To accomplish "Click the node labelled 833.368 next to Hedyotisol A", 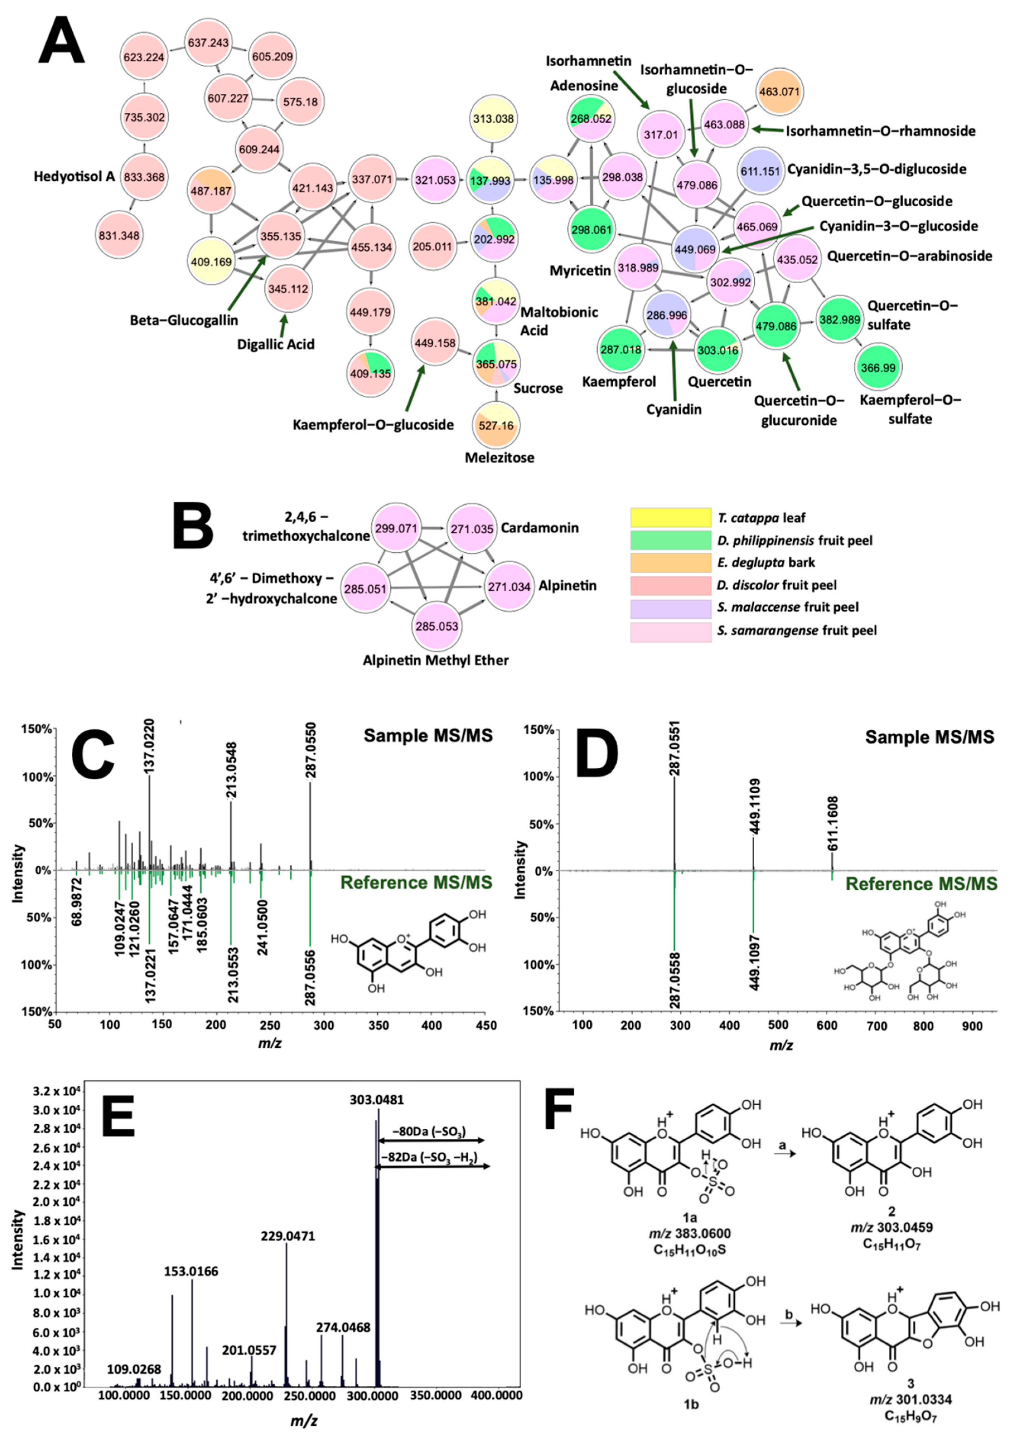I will click(x=144, y=177).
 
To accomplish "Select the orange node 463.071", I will click(x=779, y=92).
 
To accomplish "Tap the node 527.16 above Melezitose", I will click(x=496, y=425).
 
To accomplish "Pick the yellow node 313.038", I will click(x=493, y=119).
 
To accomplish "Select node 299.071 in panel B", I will click(x=396, y=528).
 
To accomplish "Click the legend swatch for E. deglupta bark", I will click(x=670, y=562).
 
